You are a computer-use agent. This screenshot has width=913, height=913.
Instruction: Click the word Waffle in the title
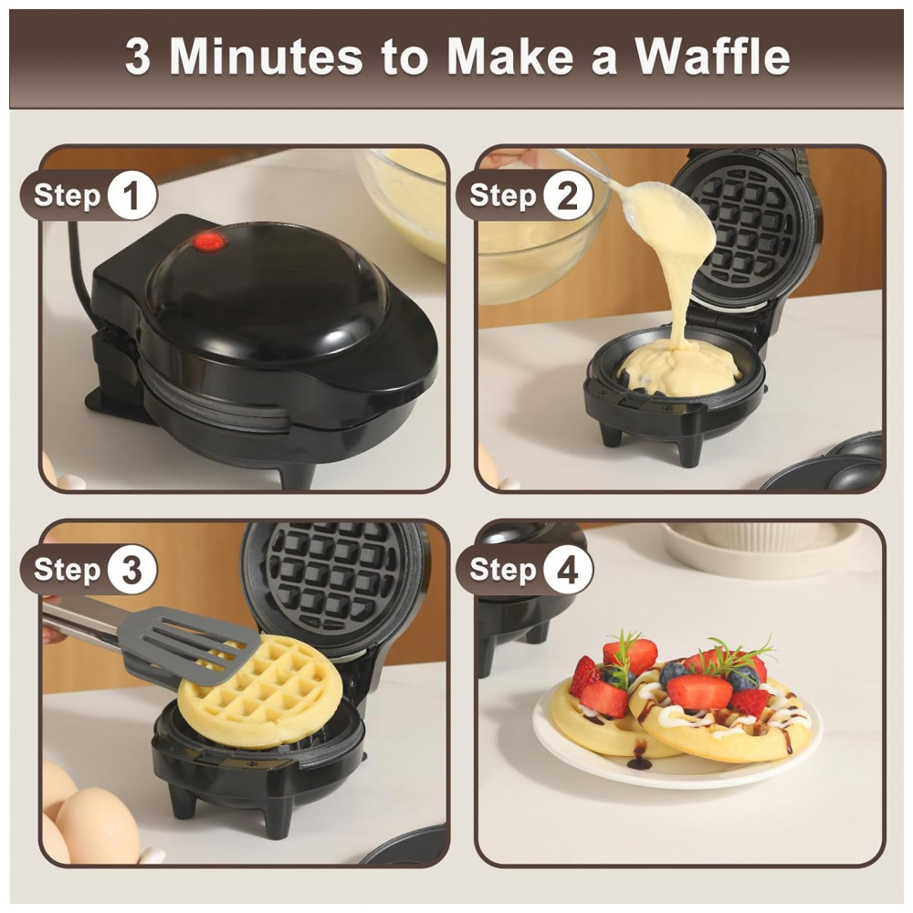pos(712,57)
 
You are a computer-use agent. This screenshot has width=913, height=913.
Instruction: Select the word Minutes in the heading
pos(267,57)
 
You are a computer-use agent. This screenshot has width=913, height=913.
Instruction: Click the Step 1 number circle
pos(132,195)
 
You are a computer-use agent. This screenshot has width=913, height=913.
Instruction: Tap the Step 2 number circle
pos(568,195)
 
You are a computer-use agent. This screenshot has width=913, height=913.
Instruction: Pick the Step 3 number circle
pos(132,570)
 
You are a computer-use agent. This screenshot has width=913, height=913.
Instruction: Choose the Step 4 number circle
pos(568,570)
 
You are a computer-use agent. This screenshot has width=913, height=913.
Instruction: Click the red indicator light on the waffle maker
pos(210,242)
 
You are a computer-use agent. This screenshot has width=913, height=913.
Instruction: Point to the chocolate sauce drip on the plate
pos(640,758)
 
